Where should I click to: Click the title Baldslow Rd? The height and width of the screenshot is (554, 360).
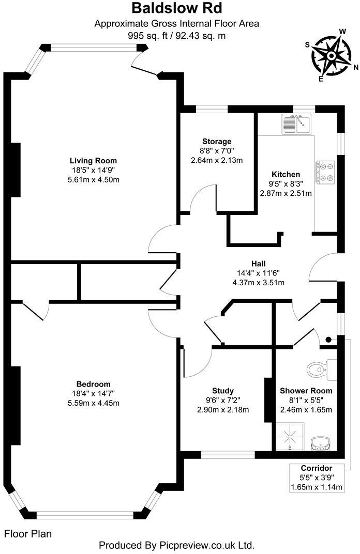[176, 8]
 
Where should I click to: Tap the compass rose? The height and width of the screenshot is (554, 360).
[331, 53]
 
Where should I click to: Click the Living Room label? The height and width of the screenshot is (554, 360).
[94, 160]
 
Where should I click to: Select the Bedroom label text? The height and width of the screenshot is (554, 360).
[93, 384]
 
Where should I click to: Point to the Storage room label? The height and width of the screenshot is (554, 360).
[217, 141]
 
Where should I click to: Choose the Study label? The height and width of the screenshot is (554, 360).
[223, 391]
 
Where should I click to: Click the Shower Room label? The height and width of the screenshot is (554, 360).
[306, 391]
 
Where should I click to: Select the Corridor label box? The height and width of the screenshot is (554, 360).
[316, 478]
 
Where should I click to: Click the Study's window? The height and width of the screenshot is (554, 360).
[228, 455]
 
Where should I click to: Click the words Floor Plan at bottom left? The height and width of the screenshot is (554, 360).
[28, 533]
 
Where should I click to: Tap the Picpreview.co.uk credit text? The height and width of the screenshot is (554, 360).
[176, 545]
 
